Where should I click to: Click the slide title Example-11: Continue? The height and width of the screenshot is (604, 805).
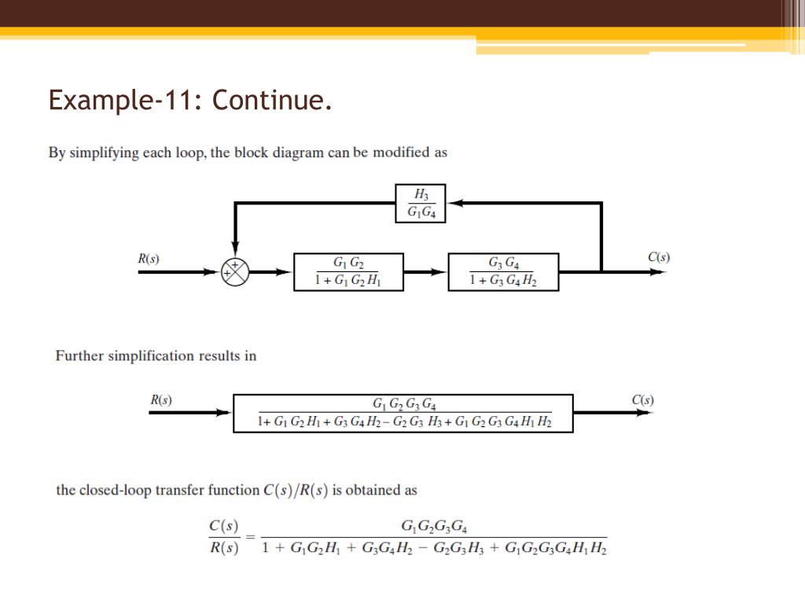tap(189, 101)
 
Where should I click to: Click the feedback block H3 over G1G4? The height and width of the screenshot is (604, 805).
tap(420, 204)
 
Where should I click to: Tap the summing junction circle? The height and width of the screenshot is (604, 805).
tap(234, 272)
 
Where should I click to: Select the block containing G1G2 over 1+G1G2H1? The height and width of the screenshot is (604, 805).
tap(348, 272)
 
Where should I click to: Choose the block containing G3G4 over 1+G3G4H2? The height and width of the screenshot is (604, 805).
tap(503, 272)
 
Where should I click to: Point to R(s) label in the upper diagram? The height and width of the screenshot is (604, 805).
tap(149, 258)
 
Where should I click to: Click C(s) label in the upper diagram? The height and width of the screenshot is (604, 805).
tap(659, 257)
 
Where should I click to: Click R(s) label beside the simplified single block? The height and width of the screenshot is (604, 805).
tap(161, 400)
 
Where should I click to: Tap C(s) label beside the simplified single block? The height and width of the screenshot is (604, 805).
tap(642, 400)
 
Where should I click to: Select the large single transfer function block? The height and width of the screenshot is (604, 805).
tap(403, 414)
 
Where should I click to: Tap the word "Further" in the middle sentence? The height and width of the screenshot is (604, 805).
tap(79, 355)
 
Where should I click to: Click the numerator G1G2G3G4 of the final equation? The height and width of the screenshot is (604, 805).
tap(435, 526)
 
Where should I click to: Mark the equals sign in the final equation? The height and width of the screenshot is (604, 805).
tap(251, 537)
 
